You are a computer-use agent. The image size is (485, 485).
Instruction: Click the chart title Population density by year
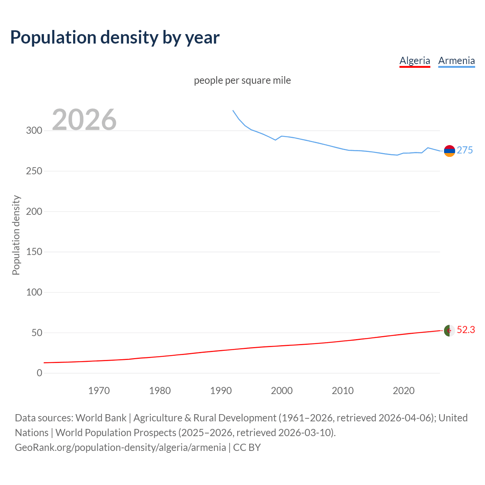[115, 38]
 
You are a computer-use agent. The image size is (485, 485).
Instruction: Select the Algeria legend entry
[415, 61]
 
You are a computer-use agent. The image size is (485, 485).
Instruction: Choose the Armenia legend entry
[456, 61]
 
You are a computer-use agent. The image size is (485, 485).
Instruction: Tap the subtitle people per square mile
[242, 80]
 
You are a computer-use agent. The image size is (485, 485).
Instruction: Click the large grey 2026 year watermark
[84, 120]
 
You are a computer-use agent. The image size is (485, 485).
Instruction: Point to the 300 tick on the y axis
[34, 131]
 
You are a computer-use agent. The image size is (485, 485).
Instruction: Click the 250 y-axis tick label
[34, 171]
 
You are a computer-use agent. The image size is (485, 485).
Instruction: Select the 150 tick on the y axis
[34, 252]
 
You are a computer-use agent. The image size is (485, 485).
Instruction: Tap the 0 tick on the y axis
[39, 373]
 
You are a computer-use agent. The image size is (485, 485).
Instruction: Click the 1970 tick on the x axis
[99, 391]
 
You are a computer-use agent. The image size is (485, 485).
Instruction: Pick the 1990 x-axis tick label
[221, 391]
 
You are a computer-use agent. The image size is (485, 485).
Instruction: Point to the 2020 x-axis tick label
[404, 391]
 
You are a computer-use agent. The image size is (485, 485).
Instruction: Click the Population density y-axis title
[16, 235]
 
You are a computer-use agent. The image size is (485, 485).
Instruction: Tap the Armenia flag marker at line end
[449, 151]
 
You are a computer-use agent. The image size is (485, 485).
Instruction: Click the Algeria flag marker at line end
[449, 330]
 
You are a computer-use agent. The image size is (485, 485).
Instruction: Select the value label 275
[465, 150]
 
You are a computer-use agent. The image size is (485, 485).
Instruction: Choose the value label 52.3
[466, 330]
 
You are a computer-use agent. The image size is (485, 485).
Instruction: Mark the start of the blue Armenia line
[233, 111]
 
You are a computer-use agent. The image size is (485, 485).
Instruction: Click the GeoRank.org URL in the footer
[120, 447]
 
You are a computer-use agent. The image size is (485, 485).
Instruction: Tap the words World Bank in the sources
[101, 418]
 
